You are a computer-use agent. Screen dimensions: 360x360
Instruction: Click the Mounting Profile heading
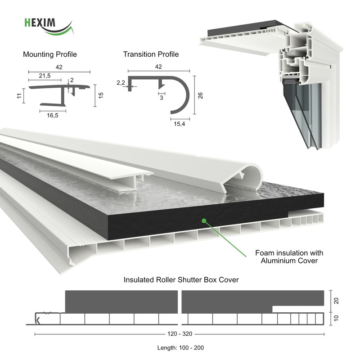click(49, 54)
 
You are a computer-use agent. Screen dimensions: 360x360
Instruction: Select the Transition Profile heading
click(151, 54)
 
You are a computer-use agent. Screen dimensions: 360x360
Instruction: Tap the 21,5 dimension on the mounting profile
click(45, 76)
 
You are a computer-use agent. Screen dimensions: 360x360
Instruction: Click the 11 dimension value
click(18, 96)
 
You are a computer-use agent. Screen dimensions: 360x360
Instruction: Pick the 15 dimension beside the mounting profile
click(101, 95)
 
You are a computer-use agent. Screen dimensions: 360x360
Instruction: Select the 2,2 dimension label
click(120, 83)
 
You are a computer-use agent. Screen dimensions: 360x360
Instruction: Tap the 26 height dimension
click(201, 95)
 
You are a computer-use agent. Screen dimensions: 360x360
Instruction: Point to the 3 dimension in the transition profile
click(161, 99)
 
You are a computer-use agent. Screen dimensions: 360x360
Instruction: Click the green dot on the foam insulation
click(204, 220)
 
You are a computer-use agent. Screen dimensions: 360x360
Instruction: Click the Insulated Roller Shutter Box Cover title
click(181, 280)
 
